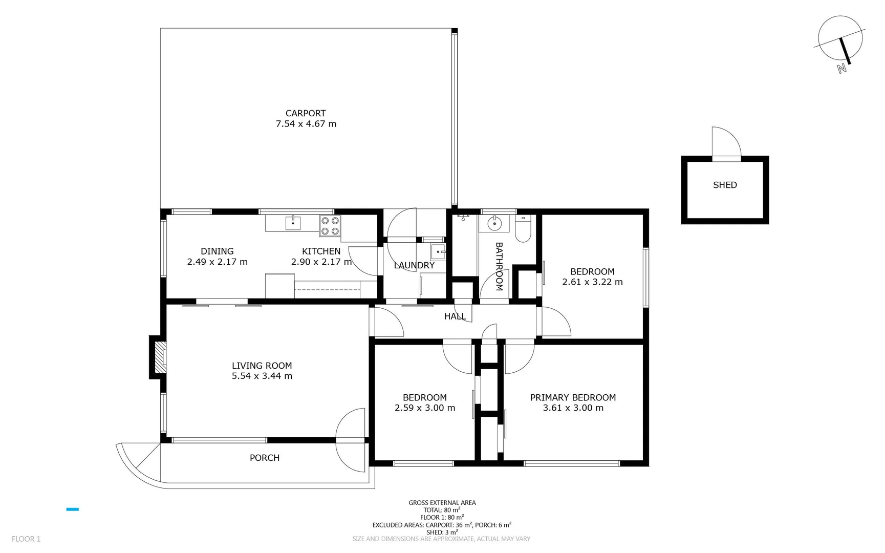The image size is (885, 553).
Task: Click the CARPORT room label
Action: point(306,113)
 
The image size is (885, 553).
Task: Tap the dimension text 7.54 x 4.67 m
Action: point(306,124)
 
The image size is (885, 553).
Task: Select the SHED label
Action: point(725,185)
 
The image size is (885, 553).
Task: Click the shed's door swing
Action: point(726,143)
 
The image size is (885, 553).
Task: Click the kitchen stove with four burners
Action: point(330,226)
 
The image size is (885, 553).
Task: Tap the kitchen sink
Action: point(293,223)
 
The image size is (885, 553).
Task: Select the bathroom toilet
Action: point(523,230)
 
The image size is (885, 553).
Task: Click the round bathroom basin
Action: point(494,223)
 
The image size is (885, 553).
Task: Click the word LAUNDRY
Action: point(414,265)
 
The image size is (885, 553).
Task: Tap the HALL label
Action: point(455,316)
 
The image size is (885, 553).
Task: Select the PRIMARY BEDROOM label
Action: point(573,397)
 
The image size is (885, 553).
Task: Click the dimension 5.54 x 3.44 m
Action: point(262,376)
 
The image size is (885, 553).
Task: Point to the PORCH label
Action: point(264,458)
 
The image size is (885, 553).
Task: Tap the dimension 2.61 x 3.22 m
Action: point(592,282)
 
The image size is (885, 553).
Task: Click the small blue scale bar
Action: point(72,509)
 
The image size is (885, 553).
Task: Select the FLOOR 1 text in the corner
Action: point(26,539)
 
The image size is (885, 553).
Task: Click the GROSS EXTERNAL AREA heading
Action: point(442,502)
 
